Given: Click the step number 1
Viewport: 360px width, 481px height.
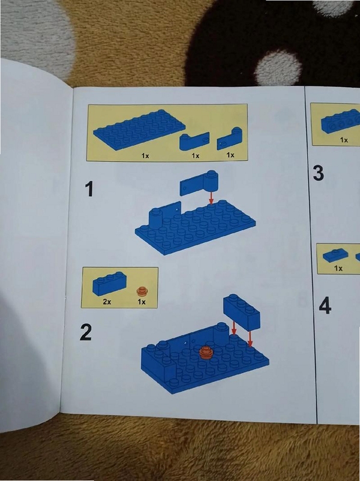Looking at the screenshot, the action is (x=89, y=189).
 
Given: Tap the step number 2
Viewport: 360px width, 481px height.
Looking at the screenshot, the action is (x=85, y=332).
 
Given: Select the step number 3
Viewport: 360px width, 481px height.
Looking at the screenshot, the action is (x=319, y=173).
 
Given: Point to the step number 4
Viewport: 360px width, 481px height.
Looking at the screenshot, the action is (x=325, y=306).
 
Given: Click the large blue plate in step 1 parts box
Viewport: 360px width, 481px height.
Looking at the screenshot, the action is (x=139, y=129).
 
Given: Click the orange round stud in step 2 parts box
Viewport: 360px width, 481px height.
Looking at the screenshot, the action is (x=141, y=291).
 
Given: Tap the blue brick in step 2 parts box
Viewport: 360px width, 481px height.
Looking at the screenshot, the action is (x=109, y=283).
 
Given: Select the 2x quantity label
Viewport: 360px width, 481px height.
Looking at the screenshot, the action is (x=107, y=302).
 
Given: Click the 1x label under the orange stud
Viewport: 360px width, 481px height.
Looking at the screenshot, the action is (x=141, y=302).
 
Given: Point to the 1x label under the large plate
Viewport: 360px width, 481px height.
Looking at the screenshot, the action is (x=145, y=156).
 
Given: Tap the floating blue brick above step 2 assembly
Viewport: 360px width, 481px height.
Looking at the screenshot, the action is (x=242, y=311).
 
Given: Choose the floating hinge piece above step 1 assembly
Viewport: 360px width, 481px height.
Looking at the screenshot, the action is (x=200, y=183).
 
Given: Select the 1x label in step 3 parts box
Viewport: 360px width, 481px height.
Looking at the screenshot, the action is (x=344, y=140).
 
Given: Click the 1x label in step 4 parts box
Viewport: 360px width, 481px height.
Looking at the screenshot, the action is (x=338, y=268).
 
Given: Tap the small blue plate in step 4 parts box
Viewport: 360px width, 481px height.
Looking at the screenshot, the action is (x=335, y=256).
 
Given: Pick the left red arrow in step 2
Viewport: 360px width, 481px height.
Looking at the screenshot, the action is (x=234, y=328).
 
